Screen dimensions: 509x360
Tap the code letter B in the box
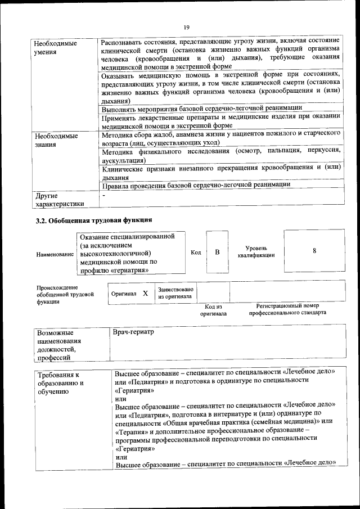pyautogui.click(x=217, y=252)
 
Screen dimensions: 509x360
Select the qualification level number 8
pyautogui.click(x=314, y=251)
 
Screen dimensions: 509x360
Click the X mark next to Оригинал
pyautogui.click(x=145, y=294)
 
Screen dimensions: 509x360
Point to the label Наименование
pyautogui.click(x=55, y=255)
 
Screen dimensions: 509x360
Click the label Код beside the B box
pyautogui.click(x=196, y=253)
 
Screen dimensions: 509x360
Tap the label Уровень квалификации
pyautogui.click(x=256, y=251)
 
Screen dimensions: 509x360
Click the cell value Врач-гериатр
pyautogui.click(x=133, y=332)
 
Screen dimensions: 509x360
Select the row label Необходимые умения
pyautogui.click(x=55, y=48)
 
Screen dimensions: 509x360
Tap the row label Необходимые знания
pyautogui.click(x=55, y=140)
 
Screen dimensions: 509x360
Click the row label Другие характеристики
pyautogui.click(x=59, y=200)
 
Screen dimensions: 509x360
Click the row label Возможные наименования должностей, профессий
pyautogui.click(x=59, y=345)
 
